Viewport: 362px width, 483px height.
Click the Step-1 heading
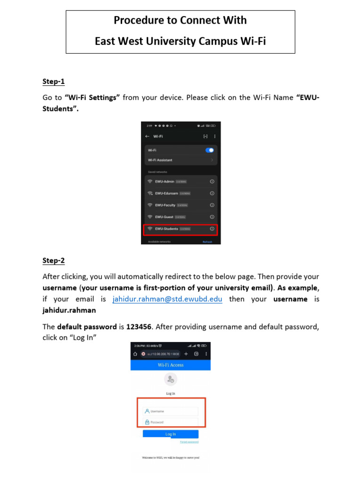click(x=53, y=82)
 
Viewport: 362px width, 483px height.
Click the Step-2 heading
click(x=53, y=260)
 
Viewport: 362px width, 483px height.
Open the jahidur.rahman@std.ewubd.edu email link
click(x=167, y=299)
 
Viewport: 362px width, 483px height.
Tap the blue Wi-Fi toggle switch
click(x=210, y=150)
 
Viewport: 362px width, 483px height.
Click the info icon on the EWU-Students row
click(x=212, y=229)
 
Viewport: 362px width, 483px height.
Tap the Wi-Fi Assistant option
click(x=160, y=160)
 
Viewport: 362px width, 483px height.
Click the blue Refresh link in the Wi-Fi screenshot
click(x=207, y=242)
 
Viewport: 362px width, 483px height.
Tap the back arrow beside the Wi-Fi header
click(x=147, y=136)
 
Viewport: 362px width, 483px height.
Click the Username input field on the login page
click(x=171, y=411)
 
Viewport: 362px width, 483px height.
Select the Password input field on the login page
click(x=171, y=422)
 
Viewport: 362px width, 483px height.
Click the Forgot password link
click(x=189, y=442)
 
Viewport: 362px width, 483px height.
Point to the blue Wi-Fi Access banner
click(x=171, y=365)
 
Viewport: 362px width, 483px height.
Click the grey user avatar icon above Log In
click(x=170, y=379)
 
